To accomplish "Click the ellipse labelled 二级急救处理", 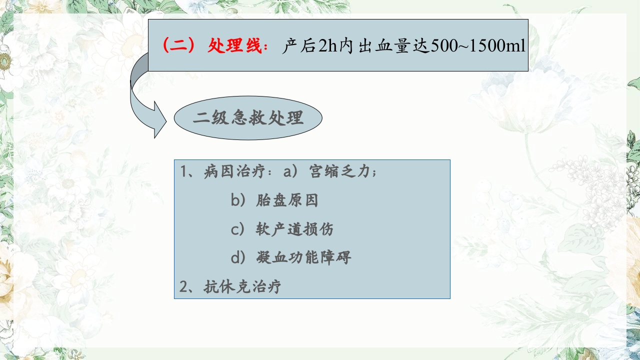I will (x=248, y=118).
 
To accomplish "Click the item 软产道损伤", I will (x=294, y=229).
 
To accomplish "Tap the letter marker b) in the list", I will (x=238, y=200).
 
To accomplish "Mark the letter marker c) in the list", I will (x=238, y=229).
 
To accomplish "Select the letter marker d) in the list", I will (x=238, y=258).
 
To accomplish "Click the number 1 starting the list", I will (x=183, y=172).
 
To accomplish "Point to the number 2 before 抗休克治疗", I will (x=183, y=287).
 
